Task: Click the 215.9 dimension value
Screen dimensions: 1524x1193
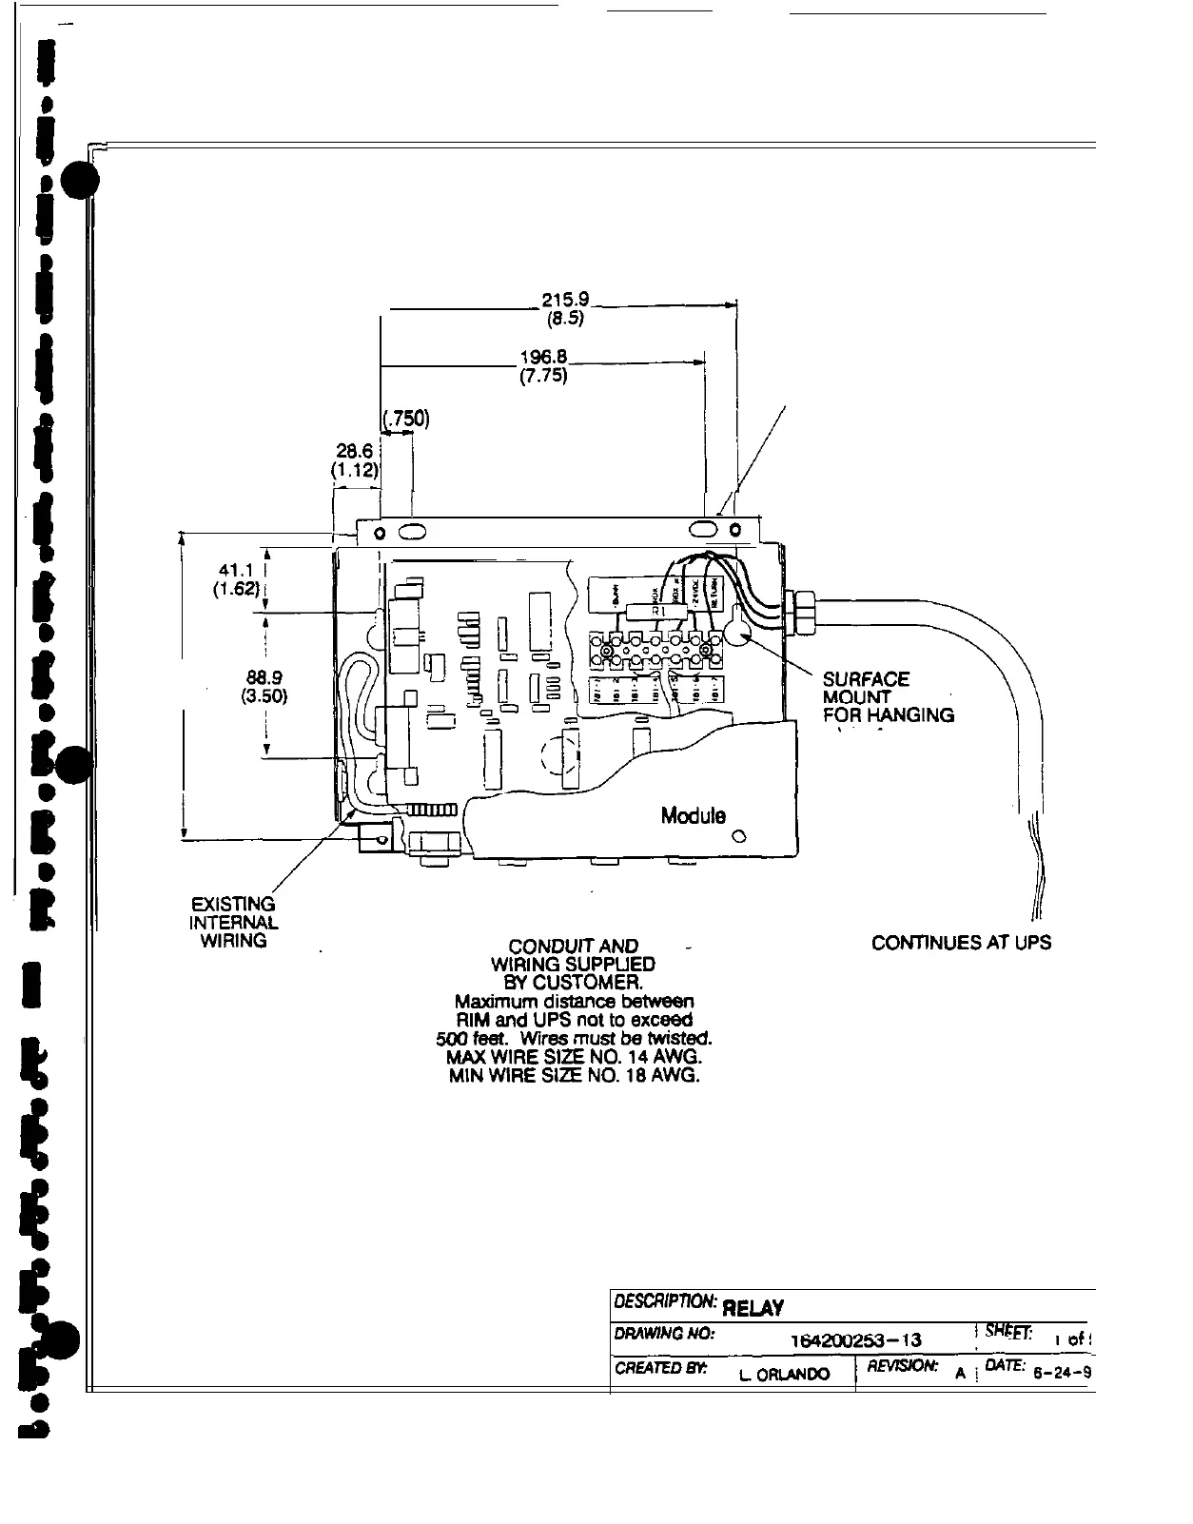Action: (x=565, y=299)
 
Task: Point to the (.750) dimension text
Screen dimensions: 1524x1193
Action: (x=406, y=418)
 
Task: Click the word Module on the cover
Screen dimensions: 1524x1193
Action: (x=693, y=815)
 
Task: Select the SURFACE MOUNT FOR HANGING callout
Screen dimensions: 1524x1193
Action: (x=887, y=697)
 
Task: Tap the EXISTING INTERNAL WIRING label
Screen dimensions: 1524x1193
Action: (x=232, y=922)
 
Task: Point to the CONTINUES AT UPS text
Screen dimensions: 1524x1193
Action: (x=961, y=943)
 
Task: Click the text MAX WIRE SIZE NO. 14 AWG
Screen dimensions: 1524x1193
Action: (x=574, y=1057)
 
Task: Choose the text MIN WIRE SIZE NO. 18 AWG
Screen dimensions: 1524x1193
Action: (x=574, y=1076)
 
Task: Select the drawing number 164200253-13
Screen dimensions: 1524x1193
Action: (x=855, y=1340)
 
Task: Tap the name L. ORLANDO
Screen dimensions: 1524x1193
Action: (x=784, y=1373)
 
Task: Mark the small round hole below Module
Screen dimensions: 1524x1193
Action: (x=738, y=837)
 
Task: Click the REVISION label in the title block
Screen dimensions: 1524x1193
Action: (x=905, y=1366)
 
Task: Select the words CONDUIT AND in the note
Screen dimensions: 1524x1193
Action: (x=573, y=947)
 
